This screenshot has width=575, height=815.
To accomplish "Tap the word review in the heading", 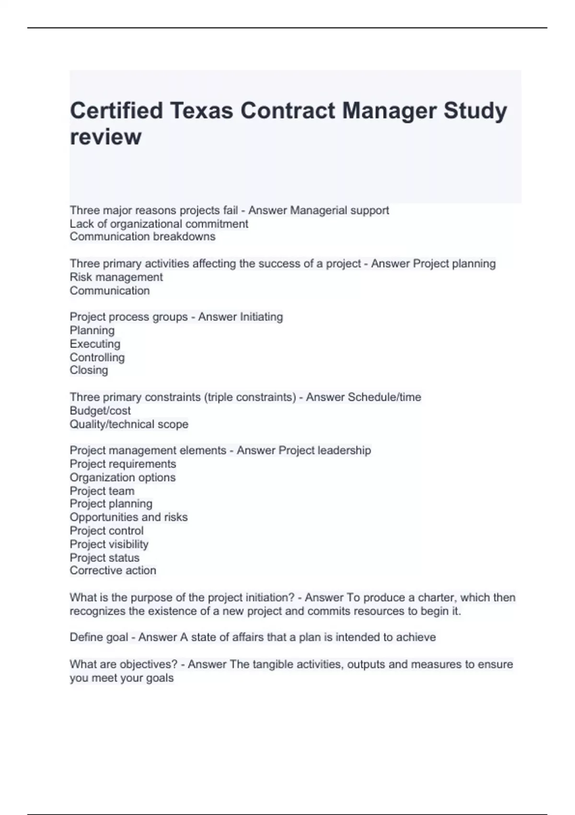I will [x=105, y=137].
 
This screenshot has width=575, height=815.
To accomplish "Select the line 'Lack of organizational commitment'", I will [x=159, y=224].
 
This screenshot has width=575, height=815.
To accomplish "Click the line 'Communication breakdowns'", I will [x=142, y=237].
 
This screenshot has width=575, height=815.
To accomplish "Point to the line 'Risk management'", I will [x=116, y=277].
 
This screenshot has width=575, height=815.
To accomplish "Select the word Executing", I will [x=95, y=344].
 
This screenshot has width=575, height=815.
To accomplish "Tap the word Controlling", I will [x=97, y=357].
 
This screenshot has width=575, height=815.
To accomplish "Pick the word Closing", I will [x=89, y=370].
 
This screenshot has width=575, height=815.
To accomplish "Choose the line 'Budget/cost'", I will [x=100, y=411].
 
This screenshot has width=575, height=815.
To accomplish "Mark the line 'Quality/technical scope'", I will [x=129, y=424].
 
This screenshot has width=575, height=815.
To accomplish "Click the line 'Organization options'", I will [x=122, y=477].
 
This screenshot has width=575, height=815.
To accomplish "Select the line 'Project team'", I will [x=102, y=491].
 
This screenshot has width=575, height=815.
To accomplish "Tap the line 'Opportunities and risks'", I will [x=128, y=517].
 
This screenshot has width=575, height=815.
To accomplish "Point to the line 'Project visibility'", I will [x=109, y=544].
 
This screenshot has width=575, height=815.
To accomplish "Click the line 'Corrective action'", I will [x=113, y=570].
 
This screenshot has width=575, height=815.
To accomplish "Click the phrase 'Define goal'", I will [x=99, y=637].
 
